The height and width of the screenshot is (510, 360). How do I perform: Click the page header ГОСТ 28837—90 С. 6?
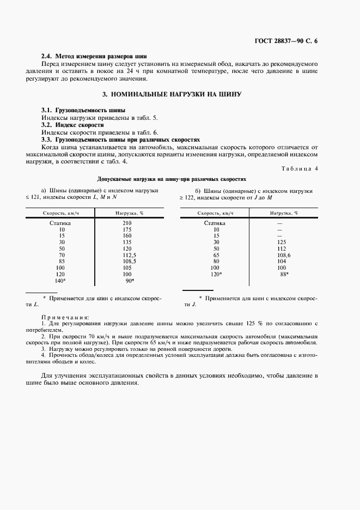click(x=285, y=41)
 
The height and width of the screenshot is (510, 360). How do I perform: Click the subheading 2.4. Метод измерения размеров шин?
click(x=94, y=56)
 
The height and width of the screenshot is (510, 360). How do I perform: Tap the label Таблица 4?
click(x=299, y=168)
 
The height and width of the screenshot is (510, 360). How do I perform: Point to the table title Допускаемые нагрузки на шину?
click(x=172, y=178)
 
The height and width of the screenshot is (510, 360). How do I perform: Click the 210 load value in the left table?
click(x=127, y=223)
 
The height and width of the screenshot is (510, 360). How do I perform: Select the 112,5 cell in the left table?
click(x=128, y=254)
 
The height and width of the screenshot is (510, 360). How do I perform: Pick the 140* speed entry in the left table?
click(x=60, y=280)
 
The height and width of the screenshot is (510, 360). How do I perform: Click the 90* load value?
click(x=130, y=280)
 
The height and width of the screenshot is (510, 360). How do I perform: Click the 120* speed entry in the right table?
click(x=216, y=274)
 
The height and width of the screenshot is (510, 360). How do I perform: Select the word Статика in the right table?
click(x=215, y=223)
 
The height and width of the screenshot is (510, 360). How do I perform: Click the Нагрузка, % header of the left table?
click(x=126, y=213)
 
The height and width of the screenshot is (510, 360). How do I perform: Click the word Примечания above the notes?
click(x=65, y=317)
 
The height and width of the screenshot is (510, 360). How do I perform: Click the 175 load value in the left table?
click(x=127, y=229)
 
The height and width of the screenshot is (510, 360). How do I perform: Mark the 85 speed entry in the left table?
click(x=62, y=261)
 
